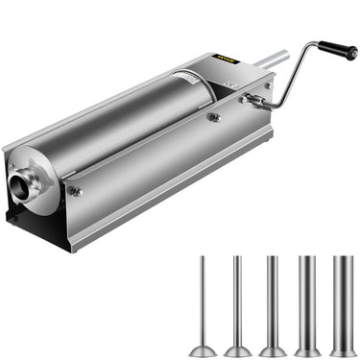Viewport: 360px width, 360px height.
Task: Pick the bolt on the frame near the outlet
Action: click(x=76, y=192)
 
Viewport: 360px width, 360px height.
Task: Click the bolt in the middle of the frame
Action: click(x=213, y=118)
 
